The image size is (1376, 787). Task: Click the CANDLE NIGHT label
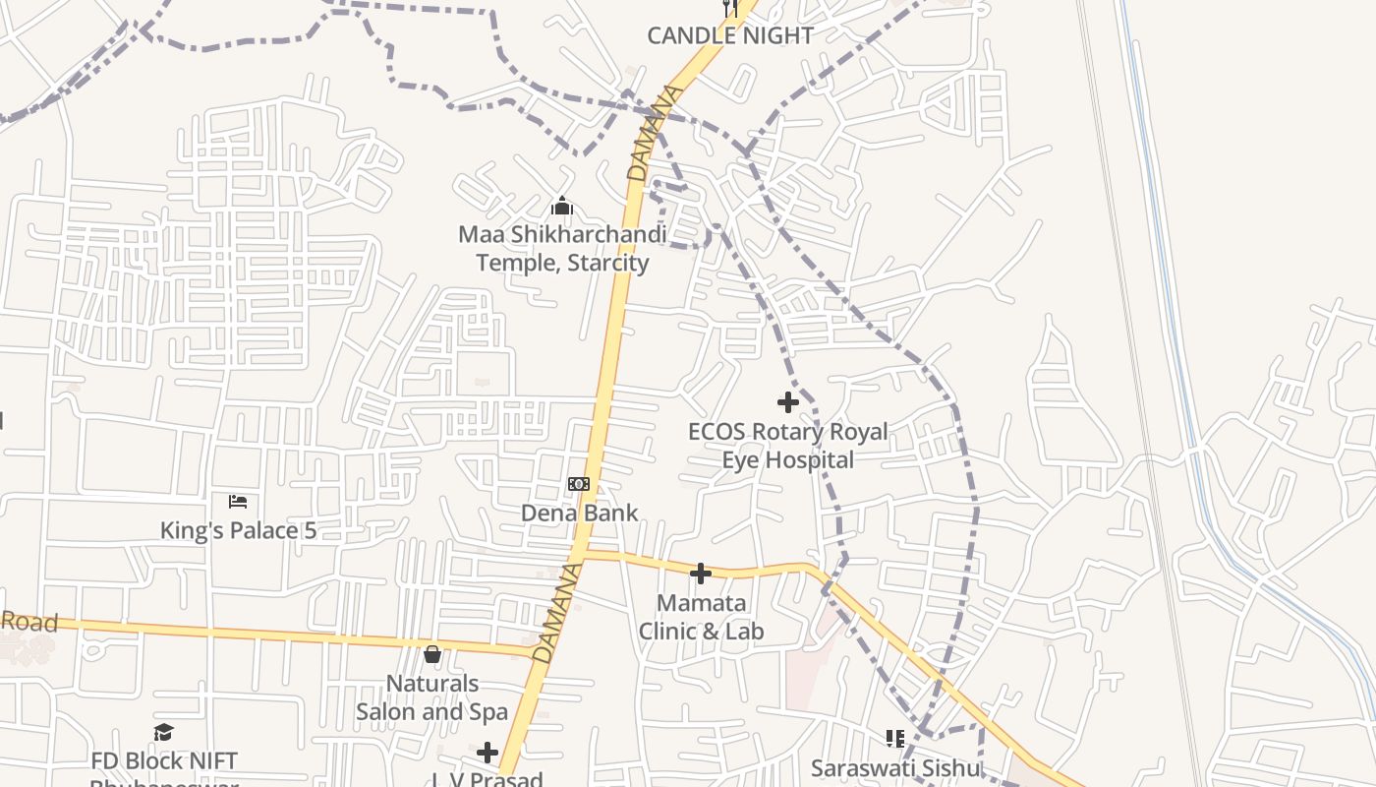pos(729,35)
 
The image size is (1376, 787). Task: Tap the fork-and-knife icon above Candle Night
pos(730,8)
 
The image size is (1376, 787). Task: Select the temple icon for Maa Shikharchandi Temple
pos(562,206)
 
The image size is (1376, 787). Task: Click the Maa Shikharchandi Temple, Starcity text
pos(562,249)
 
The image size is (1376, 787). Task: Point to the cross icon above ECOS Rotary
pos(787,402)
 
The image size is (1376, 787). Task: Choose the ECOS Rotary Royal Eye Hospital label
pos(787,446)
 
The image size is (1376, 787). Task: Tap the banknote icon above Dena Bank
pos(579,484)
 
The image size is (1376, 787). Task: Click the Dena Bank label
pos(579,513)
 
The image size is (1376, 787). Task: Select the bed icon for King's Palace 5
pos(238,502)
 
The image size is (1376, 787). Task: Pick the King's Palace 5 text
pos(238,530)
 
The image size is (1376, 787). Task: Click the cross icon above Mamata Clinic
pos(701,574)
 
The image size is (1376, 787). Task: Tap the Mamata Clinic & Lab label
pos(701,617)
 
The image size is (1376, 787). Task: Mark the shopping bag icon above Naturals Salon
pos(431,654)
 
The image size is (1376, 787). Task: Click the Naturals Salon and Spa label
pos(431,697)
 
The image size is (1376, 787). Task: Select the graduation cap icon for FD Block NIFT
pos(163,733)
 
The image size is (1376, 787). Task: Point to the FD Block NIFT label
pos(163,761)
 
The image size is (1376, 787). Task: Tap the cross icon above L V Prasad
pos(487,753)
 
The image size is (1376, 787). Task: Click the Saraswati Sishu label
pos(895,767)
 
